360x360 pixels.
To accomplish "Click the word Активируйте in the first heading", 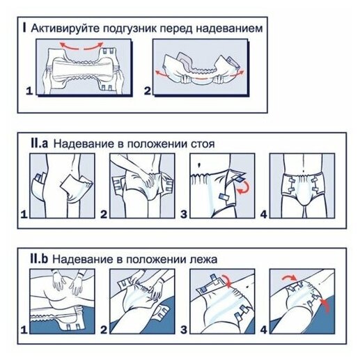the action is [64, 29].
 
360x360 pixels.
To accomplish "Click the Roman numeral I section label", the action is [24, 28].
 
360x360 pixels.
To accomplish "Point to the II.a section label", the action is [39, 143].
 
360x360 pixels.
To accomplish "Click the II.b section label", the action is [39, 258].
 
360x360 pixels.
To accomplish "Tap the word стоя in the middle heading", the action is [203, 144].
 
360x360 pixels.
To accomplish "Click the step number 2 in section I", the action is [148, 91].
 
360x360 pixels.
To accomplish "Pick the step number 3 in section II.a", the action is [184, 214].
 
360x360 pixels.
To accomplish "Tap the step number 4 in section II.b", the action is [263, 329].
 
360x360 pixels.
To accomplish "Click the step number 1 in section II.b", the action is [24, 329].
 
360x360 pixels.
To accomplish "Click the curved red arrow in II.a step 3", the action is [244, 187].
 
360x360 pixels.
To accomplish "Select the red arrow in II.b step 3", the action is [226, 280].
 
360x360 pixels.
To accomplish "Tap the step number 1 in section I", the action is [29, 91].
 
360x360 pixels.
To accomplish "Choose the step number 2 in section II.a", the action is [104, 214].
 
